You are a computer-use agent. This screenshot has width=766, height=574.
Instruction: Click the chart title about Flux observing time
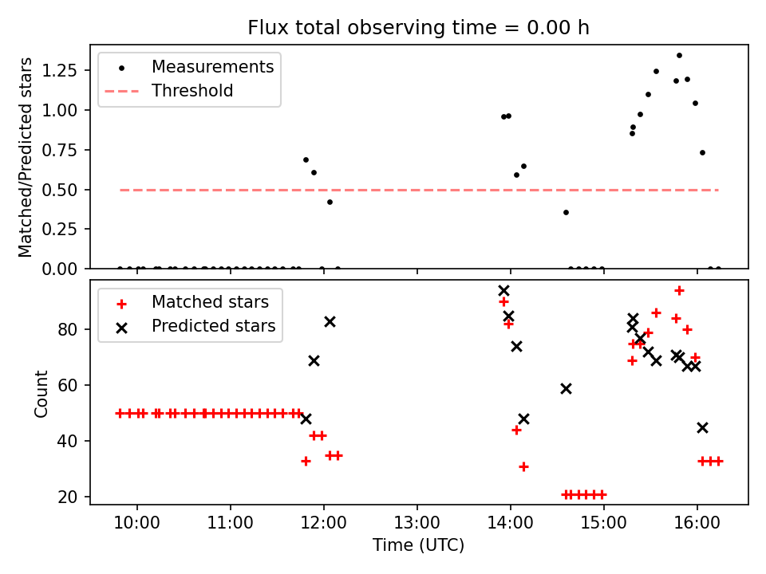[x=418, y=28]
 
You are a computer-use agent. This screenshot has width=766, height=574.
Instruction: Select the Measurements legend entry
[x=212, y=67]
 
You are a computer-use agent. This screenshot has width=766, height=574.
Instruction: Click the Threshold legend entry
[x=192, y=91]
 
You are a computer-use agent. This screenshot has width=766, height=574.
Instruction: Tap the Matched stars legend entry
[x=210, y=302]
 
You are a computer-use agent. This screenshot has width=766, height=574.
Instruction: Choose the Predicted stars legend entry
[x=213, y=326]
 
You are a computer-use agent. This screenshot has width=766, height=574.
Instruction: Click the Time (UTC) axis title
[x=418, y=546]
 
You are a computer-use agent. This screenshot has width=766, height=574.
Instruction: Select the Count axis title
[x=41, y=393]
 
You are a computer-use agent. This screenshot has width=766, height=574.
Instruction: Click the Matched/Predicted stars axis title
[x=26, y=157]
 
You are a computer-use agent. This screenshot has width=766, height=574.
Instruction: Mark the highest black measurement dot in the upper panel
[x=679, y=56]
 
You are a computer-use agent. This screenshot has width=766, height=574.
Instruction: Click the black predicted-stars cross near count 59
[x=566, y=388]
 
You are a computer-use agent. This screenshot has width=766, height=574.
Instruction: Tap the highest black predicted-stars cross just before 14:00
[x=503, y=291]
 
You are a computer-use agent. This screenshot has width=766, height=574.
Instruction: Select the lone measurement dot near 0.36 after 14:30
[x=566, y=212]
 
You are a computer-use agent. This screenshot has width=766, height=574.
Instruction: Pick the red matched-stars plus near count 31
[x=523, y=466]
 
